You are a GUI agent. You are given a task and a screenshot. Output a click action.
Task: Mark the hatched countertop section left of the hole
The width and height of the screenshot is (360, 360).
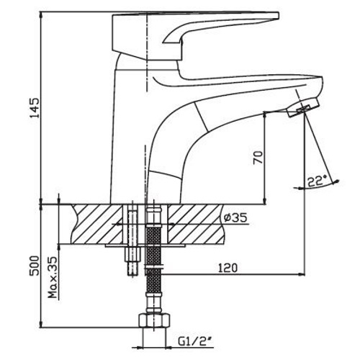pyautogui.click(x=97, y=224)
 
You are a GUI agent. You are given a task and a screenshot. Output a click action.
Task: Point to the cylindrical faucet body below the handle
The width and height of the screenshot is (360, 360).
pyautogui.click(x=130, y=130)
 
